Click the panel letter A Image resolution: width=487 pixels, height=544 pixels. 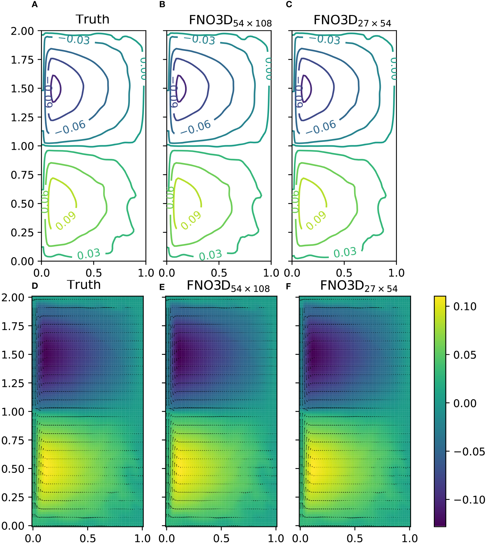pos(35,5)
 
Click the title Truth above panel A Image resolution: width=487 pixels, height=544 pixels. pos(93,20)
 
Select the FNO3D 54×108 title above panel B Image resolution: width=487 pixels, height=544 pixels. pos(230,21)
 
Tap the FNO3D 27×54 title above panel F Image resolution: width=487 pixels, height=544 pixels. pos(359,286)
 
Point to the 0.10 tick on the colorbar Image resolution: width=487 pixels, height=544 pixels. pos(465,307)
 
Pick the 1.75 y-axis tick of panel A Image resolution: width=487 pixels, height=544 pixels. pos(23,60)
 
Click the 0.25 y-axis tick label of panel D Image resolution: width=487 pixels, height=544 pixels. pos(13,497)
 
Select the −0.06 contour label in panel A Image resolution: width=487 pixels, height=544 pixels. pos(70,127)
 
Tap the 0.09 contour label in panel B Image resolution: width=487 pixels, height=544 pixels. pos(191,221)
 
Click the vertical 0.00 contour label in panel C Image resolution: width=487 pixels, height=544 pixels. pos(394,69)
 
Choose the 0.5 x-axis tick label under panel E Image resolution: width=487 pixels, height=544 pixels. pos(221,538)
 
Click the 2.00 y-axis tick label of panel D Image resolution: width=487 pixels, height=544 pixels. pos(13,297)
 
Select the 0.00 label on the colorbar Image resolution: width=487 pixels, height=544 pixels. pos(465,403)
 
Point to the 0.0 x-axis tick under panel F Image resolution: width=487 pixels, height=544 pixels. pos(300,538)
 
